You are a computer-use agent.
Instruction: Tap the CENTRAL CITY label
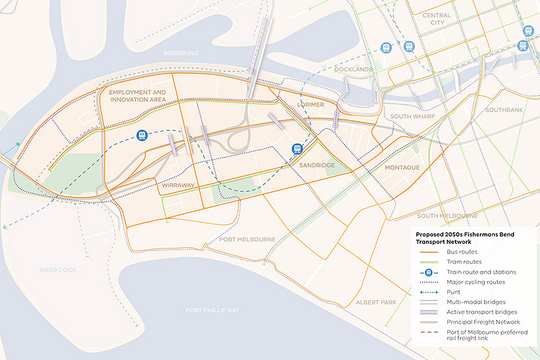click(x=436, y=19)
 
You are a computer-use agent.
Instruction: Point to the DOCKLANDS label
click(x=353, y=69)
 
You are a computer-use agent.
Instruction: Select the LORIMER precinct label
click(x=310, y=104)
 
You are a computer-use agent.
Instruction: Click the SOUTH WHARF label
click(x=412, y=116)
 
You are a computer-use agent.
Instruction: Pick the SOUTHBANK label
click(x=504, y=110)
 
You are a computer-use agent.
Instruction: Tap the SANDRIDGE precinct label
click(x=316, y=166)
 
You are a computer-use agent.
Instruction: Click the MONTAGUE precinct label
click(x=402, y=167)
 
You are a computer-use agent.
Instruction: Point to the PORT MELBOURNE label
click(x=247, y=239)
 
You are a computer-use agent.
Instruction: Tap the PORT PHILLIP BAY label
click(x=213, y=310)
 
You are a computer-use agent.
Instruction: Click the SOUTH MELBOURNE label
click(x=447, y=215)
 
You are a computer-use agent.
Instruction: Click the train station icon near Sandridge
click(x=297, y=148)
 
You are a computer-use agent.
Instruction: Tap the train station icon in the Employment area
click(x=141, y=135)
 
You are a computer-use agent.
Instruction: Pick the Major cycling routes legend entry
click(x=475, y=282)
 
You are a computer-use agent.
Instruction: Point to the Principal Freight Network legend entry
click(x=483, y=322)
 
